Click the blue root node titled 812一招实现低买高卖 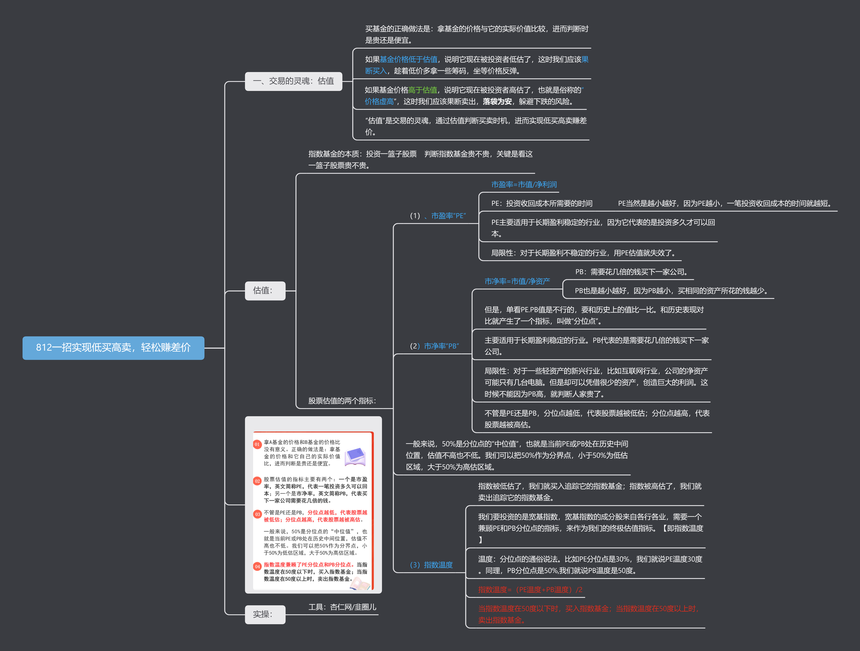[x=113, y=348]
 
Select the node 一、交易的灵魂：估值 [x=293, y=81]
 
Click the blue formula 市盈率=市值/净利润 [x=524, y=185]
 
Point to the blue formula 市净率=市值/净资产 [x=517, y=281]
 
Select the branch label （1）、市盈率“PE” [x=438, y=216]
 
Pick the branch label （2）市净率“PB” [x=434, y=346]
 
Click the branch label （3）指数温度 [x=431, y=565]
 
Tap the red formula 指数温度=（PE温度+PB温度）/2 [x=530, y=590]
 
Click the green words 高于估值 [x=423, y=90]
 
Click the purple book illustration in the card [x=355, y=456]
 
